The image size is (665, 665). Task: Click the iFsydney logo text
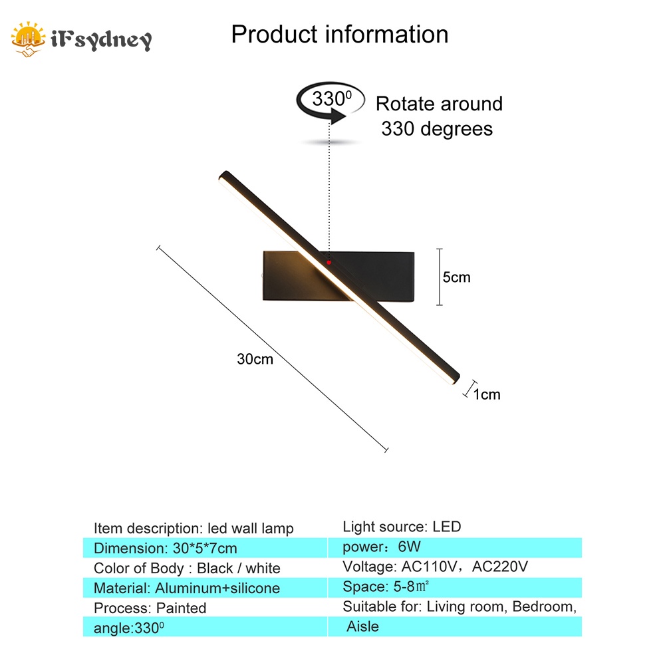(100, 40)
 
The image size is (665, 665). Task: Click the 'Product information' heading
(339, 35)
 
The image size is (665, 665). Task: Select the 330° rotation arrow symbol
(331, 105)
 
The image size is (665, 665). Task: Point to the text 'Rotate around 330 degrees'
(438, 116)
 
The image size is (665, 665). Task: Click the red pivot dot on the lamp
(329, 263)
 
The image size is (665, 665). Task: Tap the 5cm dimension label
(457, 277)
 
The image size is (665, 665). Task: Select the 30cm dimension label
(255, 359)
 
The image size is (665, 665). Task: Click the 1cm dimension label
(487, 394)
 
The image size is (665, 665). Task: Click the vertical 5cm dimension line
(439, 277)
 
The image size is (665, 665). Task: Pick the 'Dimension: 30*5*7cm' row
(166, 549)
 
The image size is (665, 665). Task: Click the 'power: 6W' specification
(382, 547)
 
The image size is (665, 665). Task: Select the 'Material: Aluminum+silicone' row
(187, 588)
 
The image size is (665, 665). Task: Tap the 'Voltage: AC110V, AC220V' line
(436, 567)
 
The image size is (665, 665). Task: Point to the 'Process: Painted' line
(150, 608)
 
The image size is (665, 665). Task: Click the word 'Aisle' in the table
(363, 626)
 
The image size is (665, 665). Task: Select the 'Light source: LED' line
(402, 527)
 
